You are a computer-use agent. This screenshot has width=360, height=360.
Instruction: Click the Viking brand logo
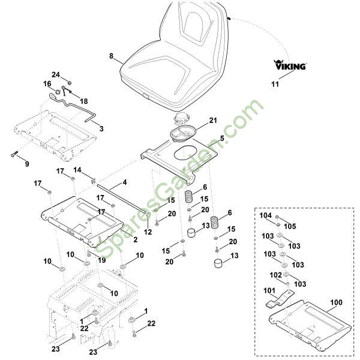pos(290,65)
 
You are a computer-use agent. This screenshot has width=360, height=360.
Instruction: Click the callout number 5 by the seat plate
pos(221,138)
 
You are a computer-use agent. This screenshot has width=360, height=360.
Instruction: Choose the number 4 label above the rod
pos(124,182)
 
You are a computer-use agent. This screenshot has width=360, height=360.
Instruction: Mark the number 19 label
pos(103,260)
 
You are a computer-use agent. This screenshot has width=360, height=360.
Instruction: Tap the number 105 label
pos(290,226)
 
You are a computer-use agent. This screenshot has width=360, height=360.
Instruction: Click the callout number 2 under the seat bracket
pos(136,239)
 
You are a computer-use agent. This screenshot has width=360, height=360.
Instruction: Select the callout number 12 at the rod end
pos(148,231)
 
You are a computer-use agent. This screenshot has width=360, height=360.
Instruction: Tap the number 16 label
pos(47,83)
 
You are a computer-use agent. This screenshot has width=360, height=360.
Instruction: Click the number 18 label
pos(83,101)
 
